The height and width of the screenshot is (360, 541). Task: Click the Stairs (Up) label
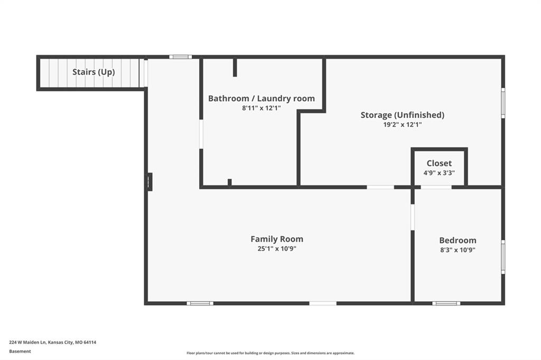94,72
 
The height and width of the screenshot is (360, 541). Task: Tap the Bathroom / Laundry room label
262,98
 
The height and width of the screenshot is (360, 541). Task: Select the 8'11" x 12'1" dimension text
262,108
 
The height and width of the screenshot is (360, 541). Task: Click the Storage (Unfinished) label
402,115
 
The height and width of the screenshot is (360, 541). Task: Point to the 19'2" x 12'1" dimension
402,125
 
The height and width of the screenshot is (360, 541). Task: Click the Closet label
439,163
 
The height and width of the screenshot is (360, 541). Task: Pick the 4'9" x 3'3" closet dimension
439,173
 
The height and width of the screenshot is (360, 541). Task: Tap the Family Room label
277,239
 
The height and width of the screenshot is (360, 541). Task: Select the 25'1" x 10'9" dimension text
277,249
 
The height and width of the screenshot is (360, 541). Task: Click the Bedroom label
458,240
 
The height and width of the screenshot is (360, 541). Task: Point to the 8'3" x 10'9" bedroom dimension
458,250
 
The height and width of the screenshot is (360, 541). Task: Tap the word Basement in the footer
20,352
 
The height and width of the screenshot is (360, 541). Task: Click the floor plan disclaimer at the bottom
270,353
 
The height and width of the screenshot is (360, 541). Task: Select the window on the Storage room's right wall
503,103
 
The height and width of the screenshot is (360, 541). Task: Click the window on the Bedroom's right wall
503,257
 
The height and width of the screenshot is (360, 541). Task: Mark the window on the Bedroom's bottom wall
446,304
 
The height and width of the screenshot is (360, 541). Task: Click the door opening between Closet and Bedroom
436,187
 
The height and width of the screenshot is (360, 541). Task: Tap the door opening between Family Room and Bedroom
412,217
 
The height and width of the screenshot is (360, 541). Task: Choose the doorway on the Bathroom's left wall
201,134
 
